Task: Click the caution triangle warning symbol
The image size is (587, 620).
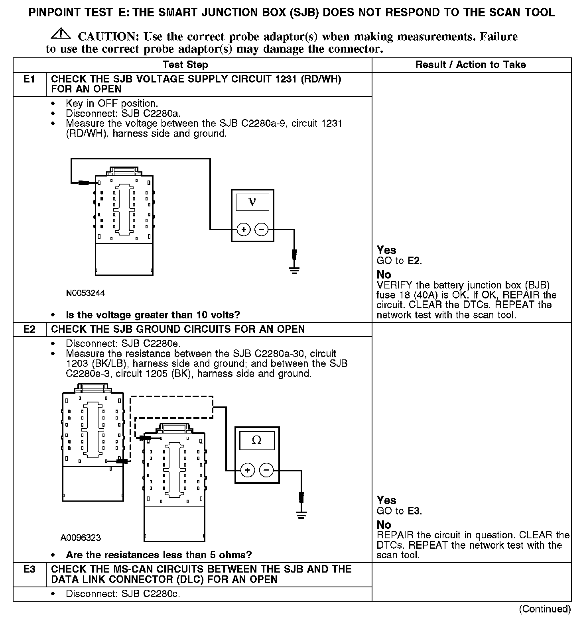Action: [61, 34]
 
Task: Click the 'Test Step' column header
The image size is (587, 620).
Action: [185, 65]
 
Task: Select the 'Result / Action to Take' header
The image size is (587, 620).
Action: [471, 65]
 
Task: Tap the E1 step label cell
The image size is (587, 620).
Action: [30, 79]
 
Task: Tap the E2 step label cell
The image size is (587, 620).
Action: [30, 329]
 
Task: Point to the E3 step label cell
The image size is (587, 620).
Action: [30, 569]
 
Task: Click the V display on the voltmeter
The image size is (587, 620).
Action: [252, 202]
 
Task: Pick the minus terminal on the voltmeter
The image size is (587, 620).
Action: [261, 230]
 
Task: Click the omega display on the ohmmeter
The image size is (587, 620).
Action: [257, 441]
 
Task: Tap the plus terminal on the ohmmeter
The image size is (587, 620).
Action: [248, 470]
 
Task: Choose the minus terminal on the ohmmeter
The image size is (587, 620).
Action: [266, 470]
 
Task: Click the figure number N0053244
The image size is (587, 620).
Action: [85, 293]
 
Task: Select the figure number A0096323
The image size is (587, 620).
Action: [81, 538]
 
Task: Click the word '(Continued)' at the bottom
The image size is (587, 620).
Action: [545, 609]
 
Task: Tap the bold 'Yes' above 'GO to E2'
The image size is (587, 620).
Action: [386, 250]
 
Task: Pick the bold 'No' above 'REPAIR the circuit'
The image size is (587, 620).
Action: [384, 525]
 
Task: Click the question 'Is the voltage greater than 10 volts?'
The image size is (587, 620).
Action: [153, 315]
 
